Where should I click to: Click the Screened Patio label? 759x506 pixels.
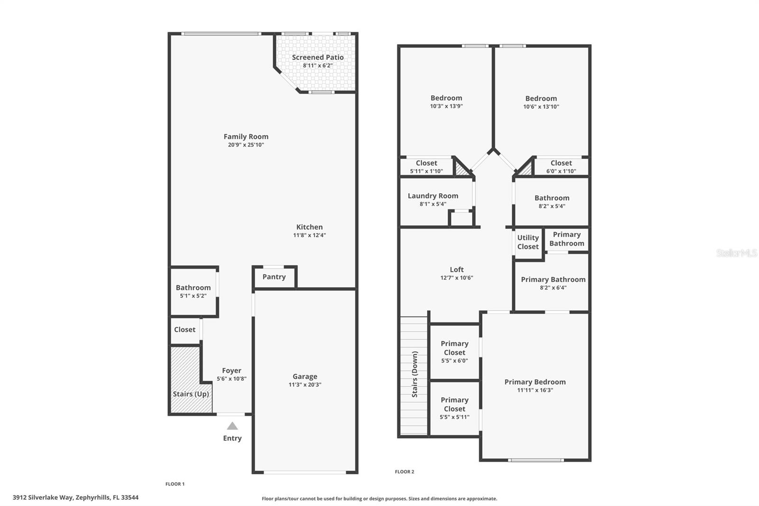(x=317, y=57)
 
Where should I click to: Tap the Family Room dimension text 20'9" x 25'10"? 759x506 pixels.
(x=246, y=145)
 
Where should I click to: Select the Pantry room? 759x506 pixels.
(x=274, y=277)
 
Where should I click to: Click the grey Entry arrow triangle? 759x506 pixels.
(x=232, y=426)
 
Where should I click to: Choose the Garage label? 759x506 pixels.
(x=305, y=376)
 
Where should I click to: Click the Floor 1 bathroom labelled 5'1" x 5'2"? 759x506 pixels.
(x=193, y=291)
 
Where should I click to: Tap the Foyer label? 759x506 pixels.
(x=231, y=371)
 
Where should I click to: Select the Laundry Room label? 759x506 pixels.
(x=433, y=196)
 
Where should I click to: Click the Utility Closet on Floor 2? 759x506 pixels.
(x=528, y=242)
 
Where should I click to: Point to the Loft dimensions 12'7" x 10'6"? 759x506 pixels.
(x=456, y=278)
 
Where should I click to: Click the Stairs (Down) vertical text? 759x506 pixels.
(x=415, y=374)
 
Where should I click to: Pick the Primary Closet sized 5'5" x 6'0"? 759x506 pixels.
(x=454, y=352)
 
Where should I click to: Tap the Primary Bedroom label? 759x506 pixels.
(x=535, y=382)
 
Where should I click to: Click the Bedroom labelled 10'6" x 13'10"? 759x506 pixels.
(x=541, y=102)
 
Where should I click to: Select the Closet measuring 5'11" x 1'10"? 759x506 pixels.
(x=426, y=167)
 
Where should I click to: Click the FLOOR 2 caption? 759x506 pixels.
(x=405, y=472)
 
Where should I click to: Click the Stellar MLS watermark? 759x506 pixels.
(x=736, y=253)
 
